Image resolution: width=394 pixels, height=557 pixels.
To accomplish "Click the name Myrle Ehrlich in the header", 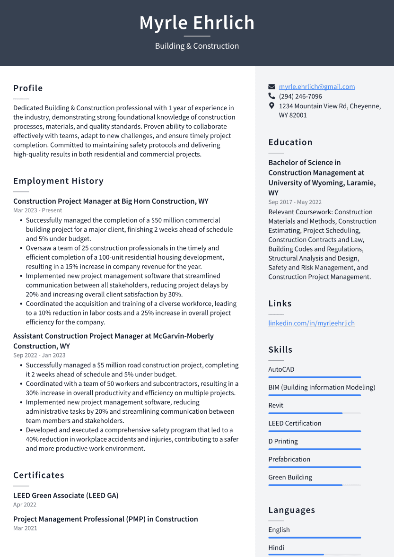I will [197, 23].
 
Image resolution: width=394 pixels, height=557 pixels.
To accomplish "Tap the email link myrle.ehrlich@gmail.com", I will [316, 87].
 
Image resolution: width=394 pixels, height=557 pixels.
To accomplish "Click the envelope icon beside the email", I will [271, 87].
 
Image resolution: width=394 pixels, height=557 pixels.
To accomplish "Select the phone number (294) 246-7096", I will [300, 96].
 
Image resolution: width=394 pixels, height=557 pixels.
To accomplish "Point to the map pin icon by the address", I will [271, 105].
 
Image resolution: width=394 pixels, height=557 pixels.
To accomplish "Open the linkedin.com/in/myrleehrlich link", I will [311, 323].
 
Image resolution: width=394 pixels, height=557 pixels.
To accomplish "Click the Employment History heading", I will [58, 181].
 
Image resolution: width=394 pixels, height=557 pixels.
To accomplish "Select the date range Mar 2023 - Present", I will [37, 210].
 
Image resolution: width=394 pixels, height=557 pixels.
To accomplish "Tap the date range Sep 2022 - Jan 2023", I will [39, 355].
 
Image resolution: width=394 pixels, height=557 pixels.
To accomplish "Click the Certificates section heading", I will [39, 475].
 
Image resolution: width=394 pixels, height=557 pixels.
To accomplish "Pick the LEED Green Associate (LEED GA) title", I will [66, 496].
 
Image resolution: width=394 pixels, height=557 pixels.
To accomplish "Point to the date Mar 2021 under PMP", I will [25, 528].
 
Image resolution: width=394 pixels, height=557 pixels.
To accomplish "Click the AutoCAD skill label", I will [281, 369].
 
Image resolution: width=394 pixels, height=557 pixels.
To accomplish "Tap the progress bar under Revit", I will [315, 413].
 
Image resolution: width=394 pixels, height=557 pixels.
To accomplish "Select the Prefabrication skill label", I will [289, 459].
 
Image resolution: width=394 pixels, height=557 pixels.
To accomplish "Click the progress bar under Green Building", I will [315, 485].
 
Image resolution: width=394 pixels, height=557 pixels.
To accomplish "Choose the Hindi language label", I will [276, 548].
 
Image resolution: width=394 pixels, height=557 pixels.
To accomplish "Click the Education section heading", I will [290, 142].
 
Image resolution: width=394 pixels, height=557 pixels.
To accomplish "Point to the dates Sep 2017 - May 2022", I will [295, 202].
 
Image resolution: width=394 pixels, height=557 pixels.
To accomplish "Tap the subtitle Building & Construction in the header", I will [197, 46].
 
